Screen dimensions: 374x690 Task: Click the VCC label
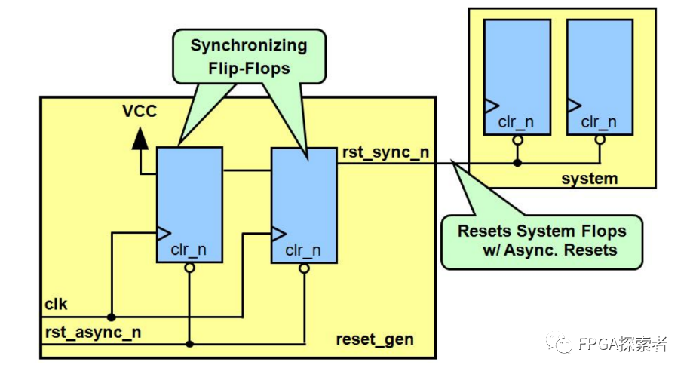(140, 113)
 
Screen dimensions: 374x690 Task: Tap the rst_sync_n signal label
(385, 152)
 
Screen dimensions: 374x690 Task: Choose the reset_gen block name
(375, 339)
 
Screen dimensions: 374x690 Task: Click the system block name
(590, 179)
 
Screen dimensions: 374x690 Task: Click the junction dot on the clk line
(111, 317)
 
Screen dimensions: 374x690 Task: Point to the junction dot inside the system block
(517, 162)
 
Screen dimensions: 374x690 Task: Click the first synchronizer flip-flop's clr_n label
(188, 250)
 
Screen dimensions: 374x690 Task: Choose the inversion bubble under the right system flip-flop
(600, 140)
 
